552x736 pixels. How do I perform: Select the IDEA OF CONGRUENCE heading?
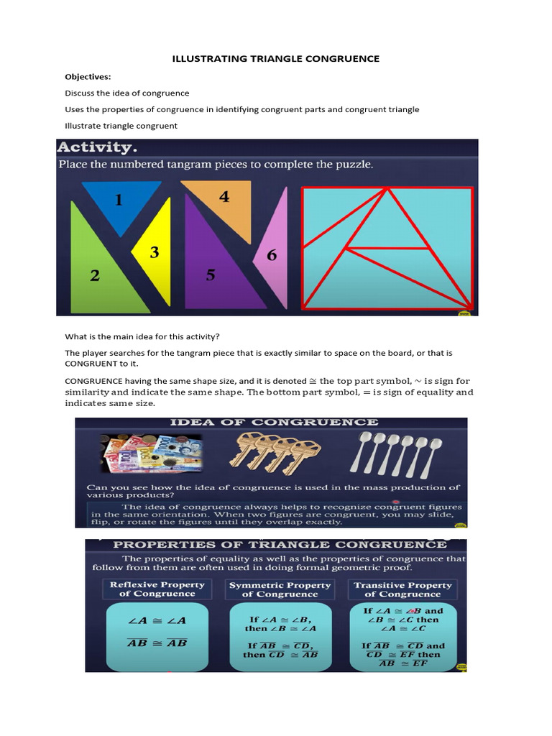point(273,423)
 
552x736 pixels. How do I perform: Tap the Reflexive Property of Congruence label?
point(157,589)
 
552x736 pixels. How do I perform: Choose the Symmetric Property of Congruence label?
point(280,589)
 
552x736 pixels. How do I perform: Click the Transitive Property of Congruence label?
point(402,589)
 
